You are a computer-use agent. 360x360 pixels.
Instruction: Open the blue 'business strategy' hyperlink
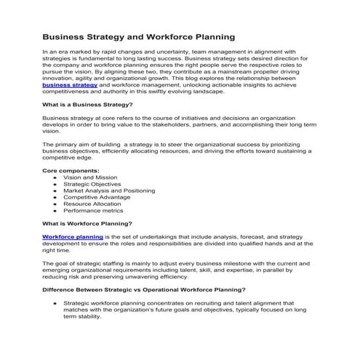[70, 85]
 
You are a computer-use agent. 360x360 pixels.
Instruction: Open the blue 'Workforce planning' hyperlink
[73, 236]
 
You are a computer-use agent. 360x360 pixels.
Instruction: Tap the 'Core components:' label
[69, 170]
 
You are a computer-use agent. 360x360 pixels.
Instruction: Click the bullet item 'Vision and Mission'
[91, 177]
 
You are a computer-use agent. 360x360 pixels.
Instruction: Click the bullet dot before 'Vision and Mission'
[55, 177]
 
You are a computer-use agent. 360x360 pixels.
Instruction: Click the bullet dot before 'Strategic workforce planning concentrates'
[55, 303]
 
